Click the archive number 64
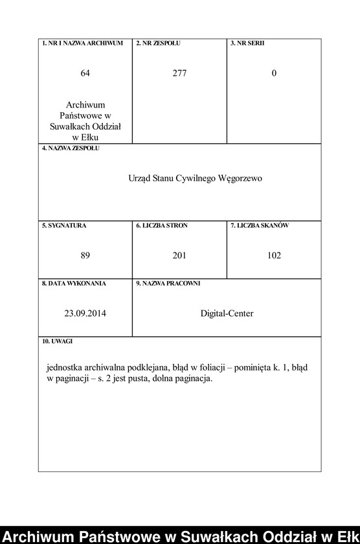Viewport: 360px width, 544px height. (x=85, y=73)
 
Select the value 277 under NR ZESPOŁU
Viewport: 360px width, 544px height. (x=179, y=73)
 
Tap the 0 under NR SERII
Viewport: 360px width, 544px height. (x=274, y=73)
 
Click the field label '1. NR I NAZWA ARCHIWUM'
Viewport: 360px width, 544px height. (x=82, y=43)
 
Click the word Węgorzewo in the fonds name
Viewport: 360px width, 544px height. (x=241, y=178)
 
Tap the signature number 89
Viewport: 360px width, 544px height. (x=85, y=255)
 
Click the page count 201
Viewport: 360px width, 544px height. (x=179, y=255)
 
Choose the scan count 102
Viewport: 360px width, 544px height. (x=274, y=255)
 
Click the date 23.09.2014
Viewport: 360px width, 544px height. (x=85, y=313)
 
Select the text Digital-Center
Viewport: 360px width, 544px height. (x=227, y=313)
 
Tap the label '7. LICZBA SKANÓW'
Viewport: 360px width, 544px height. (x=260, y=225)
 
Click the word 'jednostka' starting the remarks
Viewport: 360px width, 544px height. (x=65, y=367)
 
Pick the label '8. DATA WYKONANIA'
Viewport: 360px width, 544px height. (x=74, y=283)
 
